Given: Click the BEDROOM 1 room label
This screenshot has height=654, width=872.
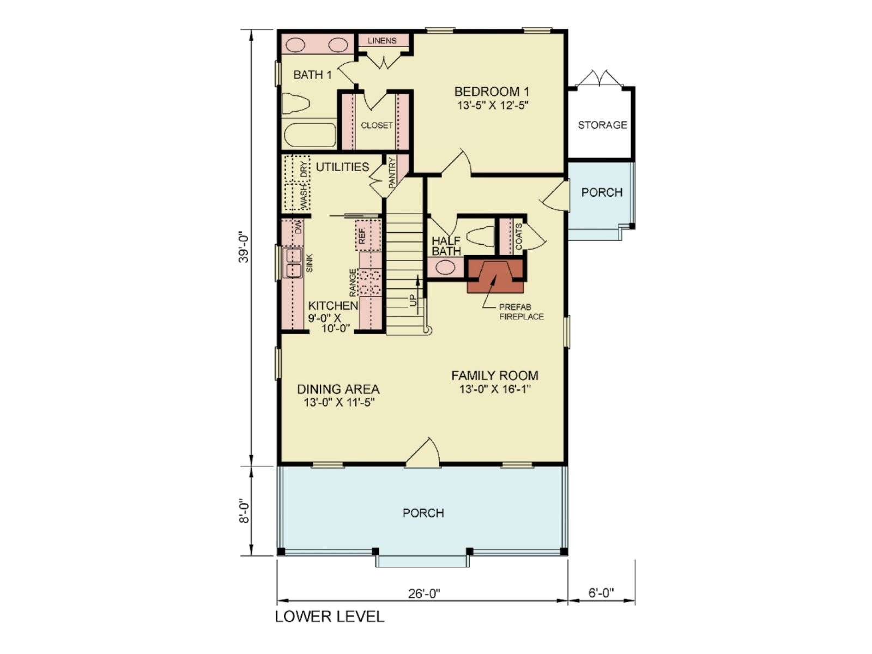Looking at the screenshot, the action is (x=492, y=92).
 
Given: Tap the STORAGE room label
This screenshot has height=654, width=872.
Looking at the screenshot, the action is (x=602, y=125).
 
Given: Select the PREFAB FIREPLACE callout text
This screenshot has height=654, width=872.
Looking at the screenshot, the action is (x=521, y=312).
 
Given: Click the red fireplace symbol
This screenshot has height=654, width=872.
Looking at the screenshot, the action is (x=496, y=276).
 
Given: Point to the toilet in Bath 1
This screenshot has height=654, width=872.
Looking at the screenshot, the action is (x=295, y=103).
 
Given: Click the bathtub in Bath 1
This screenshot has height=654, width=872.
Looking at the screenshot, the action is (x=309, y=135).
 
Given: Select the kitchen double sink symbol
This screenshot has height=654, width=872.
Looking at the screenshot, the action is (x=292, y=262).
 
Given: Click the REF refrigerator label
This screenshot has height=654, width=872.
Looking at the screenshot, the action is (x=362, y=236).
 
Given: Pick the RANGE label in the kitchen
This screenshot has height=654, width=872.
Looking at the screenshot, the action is (x=353, y=283).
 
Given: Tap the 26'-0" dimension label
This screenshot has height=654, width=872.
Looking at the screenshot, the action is (x=424, y=594).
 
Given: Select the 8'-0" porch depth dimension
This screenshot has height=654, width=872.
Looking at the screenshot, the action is (x=244, y=513).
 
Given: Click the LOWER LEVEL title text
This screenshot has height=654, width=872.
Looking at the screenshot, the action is (x=330, y=616).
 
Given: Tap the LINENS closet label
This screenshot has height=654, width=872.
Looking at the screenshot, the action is (x=382, y=40).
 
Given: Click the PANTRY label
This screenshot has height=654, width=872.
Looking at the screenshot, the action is (x=392, y=173).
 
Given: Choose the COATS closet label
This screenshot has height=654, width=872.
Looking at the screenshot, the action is (x=518, y=237).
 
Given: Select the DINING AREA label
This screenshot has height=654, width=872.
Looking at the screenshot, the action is (x=338, y=389).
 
